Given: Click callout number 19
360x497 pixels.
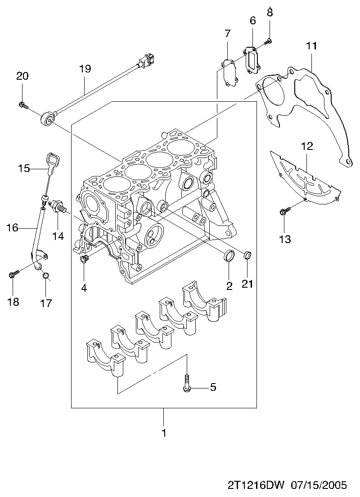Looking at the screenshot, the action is [85, 68].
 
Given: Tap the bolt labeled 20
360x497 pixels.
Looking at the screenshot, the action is [23, 104].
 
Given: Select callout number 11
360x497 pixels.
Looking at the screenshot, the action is [311, 46].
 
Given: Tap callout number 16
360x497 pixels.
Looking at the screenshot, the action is [13, 227].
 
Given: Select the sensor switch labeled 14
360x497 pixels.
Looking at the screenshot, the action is [58, 207].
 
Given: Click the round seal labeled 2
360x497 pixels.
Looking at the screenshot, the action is [229, 256].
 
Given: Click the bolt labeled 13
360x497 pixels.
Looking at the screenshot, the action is [285, 211].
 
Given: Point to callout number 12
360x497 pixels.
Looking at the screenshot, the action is [307, 146].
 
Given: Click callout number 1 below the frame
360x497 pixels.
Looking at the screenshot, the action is [164, 433].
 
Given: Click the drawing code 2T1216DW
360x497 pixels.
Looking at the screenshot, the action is [256, 485].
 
